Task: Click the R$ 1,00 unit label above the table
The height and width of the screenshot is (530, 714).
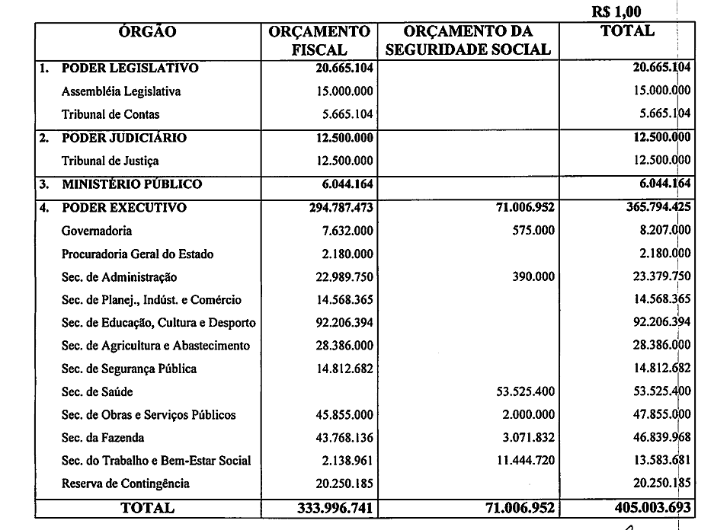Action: click(616, 11)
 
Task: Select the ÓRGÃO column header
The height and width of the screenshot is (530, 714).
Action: click(148, 32)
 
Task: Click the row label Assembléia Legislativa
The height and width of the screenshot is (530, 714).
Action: click(121, 91)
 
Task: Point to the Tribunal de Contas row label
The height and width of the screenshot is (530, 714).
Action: click(110, 114)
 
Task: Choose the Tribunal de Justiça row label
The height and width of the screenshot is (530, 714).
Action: click(110, 161)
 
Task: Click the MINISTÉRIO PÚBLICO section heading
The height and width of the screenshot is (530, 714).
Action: click(132, 184)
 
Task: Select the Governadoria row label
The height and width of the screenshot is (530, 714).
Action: click(97, 231)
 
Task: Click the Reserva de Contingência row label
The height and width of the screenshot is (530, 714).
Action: click(126, 484)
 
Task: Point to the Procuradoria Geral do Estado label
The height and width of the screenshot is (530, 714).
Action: click(137, 254)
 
